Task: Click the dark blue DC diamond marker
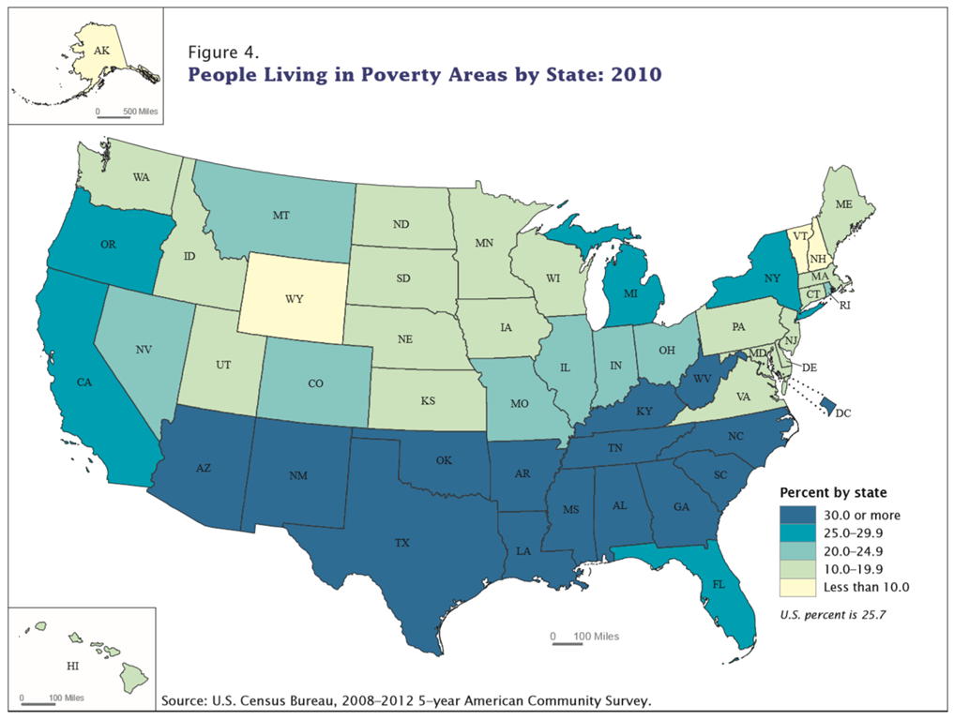coord(827,404)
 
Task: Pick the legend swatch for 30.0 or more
coord(794,516)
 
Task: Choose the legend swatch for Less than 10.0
coord(794,587)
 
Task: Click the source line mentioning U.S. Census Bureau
coord(406,700)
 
